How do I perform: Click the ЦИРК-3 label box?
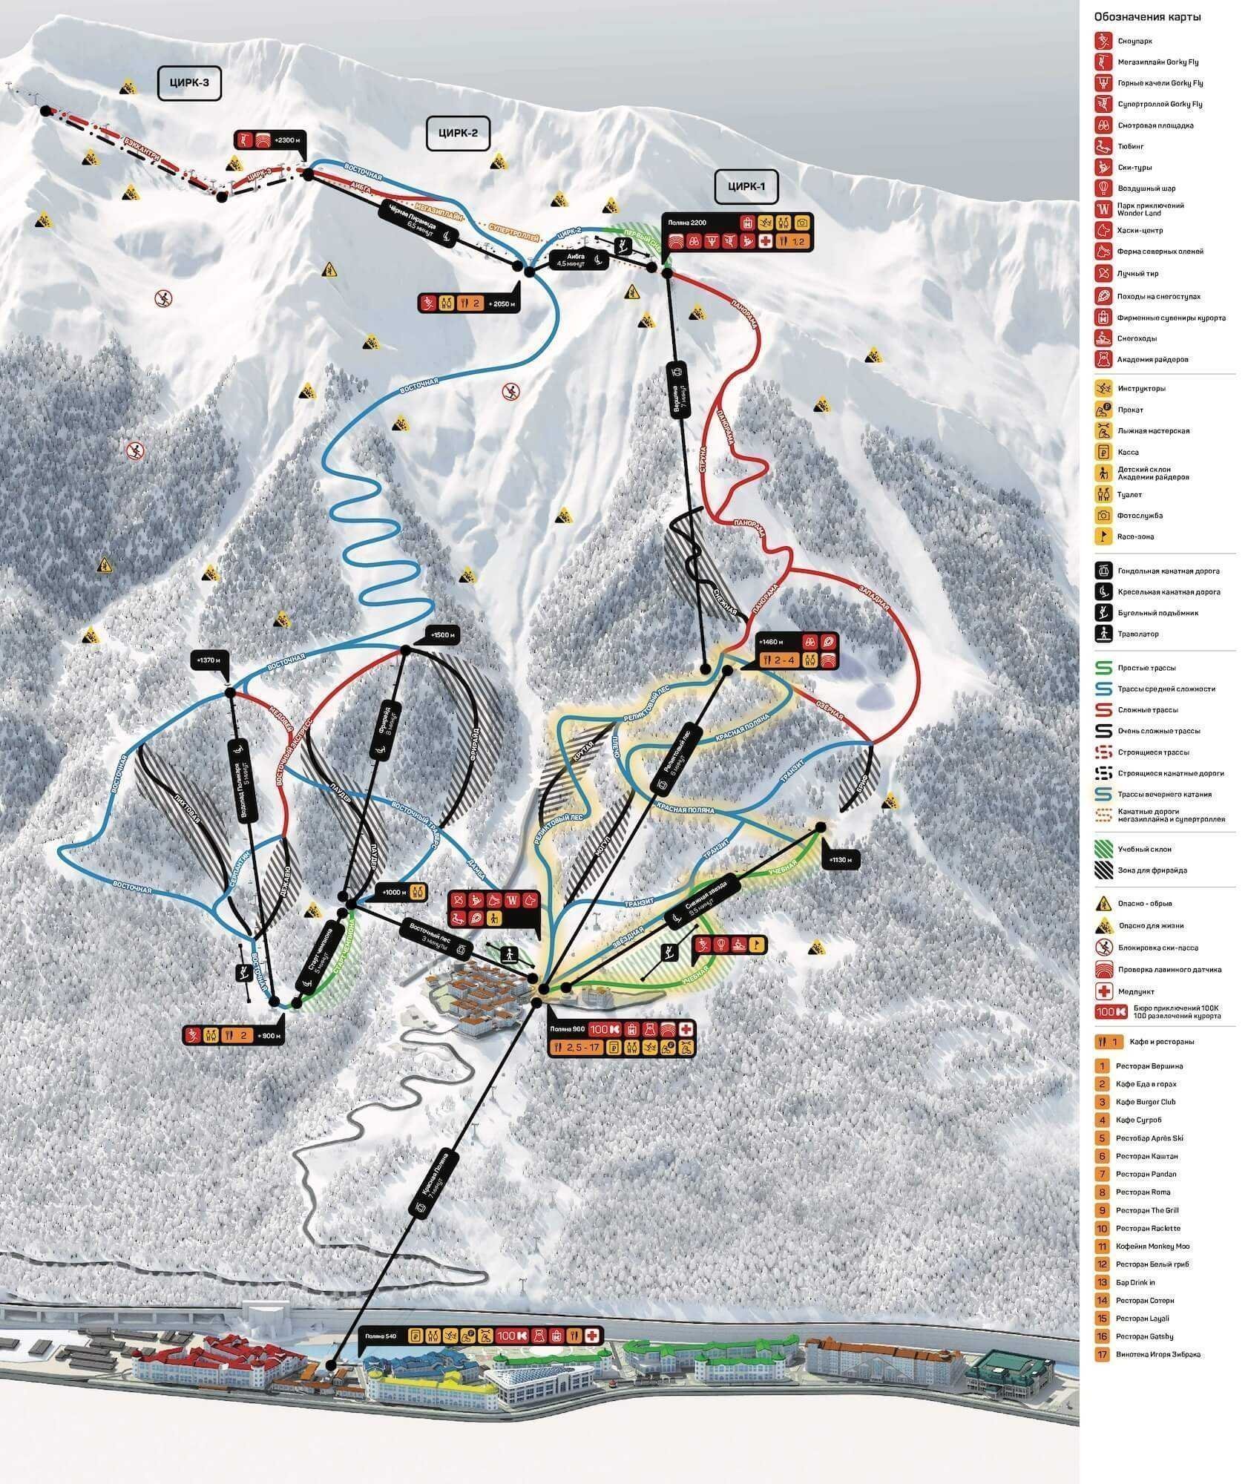click(190, 84)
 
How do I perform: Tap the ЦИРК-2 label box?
click(459, 134)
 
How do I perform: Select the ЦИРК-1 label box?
click(746, 186)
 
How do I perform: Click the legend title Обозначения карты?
click(1147, 38)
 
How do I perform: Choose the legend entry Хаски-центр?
click(1140, 231)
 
